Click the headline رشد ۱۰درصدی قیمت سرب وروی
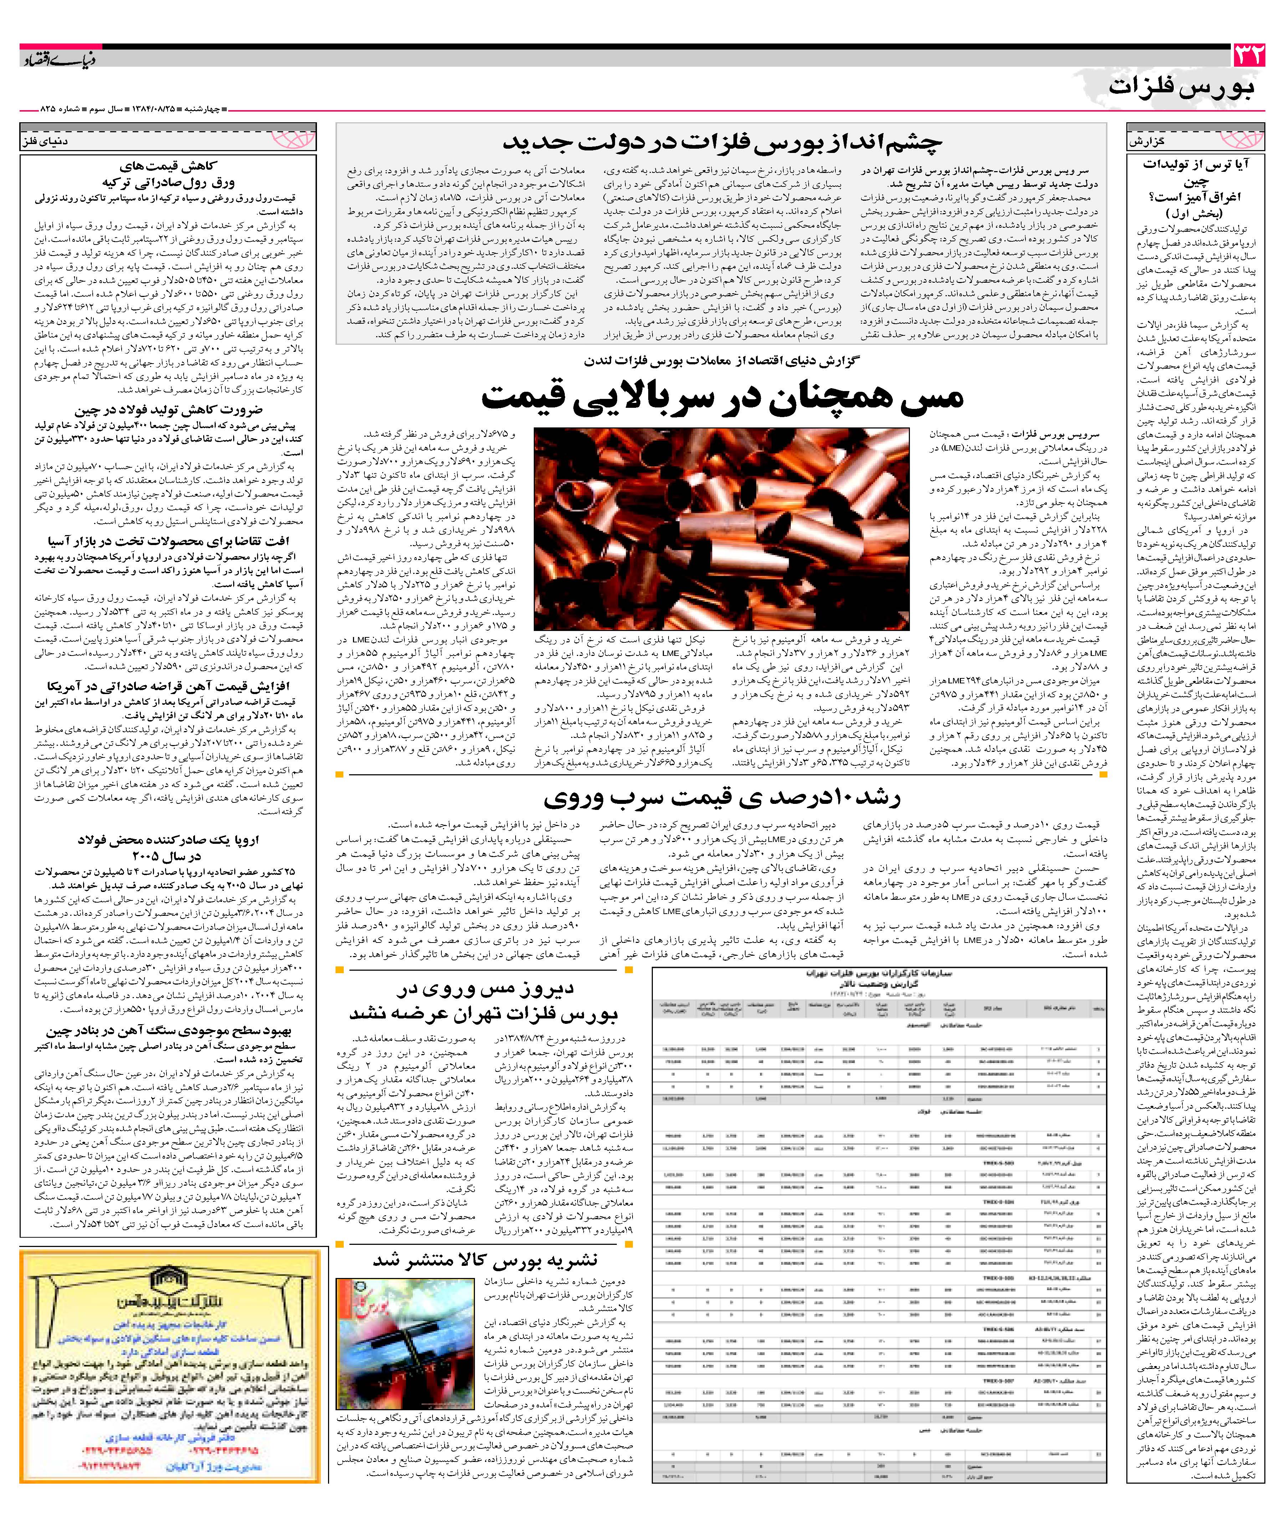(722, 797)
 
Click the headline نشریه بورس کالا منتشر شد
(485, 1261)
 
